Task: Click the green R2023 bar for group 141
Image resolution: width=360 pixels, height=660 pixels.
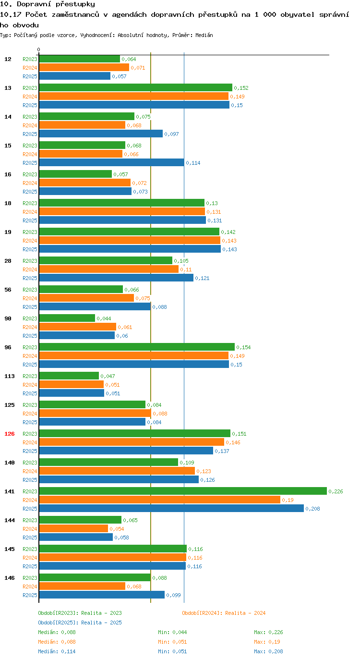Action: [183, 491]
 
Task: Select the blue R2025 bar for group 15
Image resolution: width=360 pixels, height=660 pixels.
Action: [111, 162]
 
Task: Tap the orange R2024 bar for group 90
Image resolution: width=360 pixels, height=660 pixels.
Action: [77, 327]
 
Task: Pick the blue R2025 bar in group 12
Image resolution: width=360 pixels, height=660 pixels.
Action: [75, 76]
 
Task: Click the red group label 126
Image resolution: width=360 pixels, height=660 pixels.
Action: [10, 434]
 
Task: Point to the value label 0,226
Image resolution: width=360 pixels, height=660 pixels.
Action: [336, 491]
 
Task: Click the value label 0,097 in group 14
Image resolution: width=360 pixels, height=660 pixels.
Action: [171, 134]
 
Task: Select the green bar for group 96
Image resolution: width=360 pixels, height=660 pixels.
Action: [137, 347]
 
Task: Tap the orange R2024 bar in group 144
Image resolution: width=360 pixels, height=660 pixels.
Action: [73, 528]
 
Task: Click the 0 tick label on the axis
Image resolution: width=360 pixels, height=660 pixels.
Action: [38, 49]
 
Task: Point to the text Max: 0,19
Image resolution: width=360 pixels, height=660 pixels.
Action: [267, 641]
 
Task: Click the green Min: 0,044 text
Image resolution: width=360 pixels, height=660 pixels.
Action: [172, 632]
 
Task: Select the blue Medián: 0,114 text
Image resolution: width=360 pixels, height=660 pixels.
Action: [57, 651]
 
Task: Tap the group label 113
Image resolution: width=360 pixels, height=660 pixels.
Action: [10, 376]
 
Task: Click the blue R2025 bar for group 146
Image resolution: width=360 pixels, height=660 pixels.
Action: [102, 595]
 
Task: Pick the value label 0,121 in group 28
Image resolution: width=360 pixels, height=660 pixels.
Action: [202, 278]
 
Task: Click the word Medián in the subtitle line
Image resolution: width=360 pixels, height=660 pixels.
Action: [204, 35]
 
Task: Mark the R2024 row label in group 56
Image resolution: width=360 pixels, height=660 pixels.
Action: [30, 298]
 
